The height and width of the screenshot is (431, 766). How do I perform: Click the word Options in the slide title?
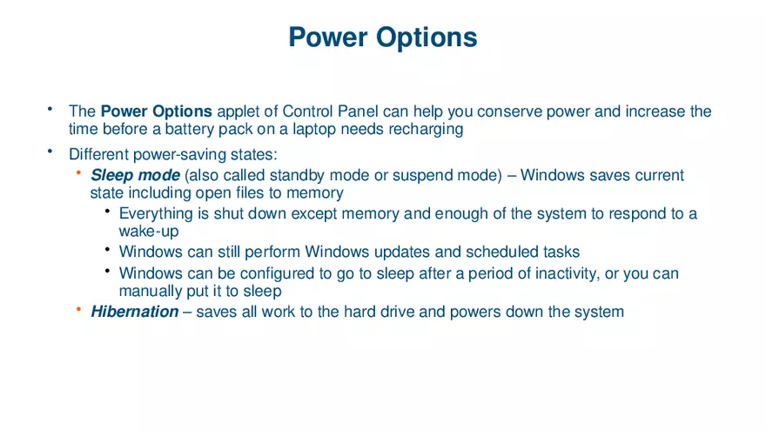[x=427, y=37]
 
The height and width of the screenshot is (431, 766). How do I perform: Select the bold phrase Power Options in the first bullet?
[x=157, y=111]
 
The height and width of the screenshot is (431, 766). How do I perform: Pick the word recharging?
[x=425, y=129]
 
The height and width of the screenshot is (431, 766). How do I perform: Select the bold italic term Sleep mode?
[x=135, y=175]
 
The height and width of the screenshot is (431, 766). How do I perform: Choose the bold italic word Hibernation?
[x=134, y=311]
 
